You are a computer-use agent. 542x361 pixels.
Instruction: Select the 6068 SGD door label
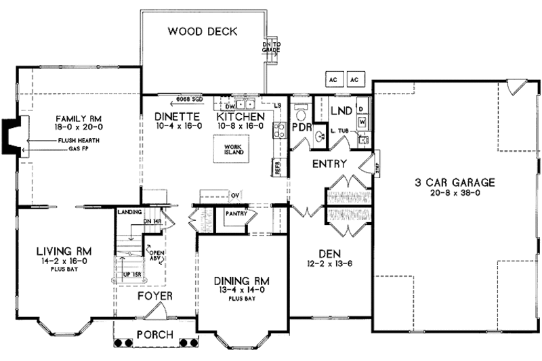coord(189,98)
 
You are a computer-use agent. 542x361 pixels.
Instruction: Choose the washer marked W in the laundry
coord(362,121)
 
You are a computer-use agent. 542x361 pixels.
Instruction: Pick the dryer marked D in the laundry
coord(362,108)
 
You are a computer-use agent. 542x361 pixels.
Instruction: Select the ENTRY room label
coord(329,164)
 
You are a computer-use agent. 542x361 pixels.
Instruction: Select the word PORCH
coord(154,335)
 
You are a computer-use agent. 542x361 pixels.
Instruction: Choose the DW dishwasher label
coord(230,106)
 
